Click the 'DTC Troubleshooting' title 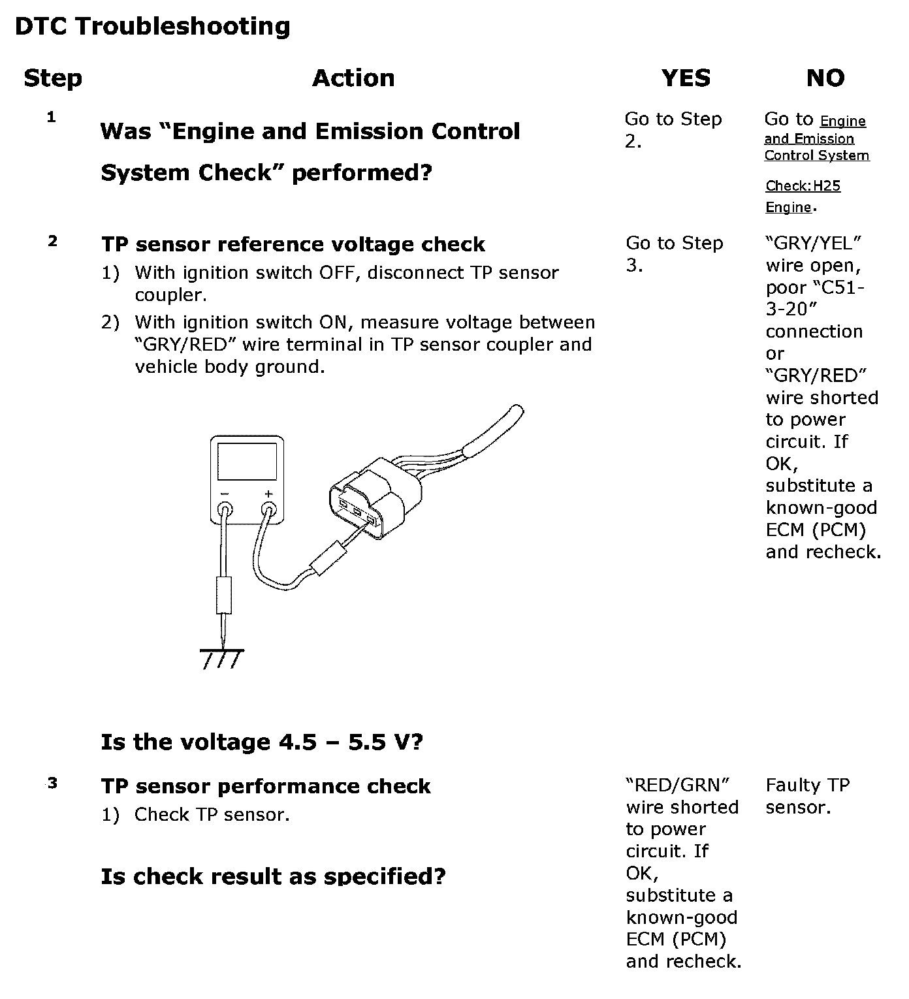(x=152, y=27)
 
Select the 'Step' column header (x=53, y=78)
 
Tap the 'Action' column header (x=353, y=78)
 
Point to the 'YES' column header (x=686, y=78)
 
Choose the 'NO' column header (x=825, y=78)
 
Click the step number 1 (x=52, y=118)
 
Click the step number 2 (x=52, y=242)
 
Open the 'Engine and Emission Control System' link (x=816, y=138)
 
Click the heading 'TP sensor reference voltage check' (x=293, y=245)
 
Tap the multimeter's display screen (x=247, y=461)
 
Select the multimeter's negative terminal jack (x=225, y=509)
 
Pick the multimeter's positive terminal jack (x=268, y=509)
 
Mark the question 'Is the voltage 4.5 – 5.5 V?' (x=262, y=742)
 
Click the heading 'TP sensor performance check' (x=266, y=787)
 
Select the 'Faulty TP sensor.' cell (x=808, y=796)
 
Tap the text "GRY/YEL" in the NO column (x=813, y=244)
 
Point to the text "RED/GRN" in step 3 (x=677, y=785)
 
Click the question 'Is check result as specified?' (x=273, y=876)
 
